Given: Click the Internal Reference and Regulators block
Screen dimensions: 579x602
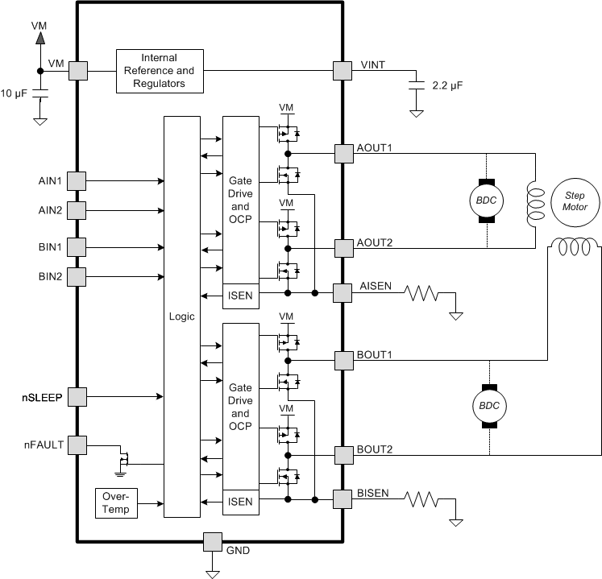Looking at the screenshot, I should point(159,71).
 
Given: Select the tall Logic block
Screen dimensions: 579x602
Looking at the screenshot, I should point(181,316).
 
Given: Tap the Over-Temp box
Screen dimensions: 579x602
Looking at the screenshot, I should point(116,502).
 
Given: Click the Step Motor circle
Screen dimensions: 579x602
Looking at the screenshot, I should point(575,201).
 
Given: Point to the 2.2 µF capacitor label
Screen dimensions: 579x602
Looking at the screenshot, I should point(448,85).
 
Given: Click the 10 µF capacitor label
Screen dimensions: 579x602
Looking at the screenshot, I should point(15,93).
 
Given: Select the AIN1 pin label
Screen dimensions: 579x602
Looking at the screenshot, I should point(51,180).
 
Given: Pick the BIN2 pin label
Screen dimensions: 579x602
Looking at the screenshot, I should point(51,277).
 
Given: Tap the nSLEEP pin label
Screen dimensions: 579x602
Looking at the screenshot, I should point(43,397).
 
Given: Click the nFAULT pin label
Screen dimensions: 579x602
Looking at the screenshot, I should point(44,444).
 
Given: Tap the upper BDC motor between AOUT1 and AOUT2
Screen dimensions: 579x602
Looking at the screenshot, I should point(486,200).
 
